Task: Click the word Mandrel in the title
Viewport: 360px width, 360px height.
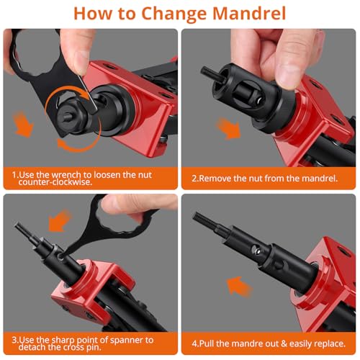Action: [x=249, y=14]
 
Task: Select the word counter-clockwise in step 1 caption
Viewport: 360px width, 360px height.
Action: [x=55, y=182]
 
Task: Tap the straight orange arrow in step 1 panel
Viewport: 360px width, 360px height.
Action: [x=23, y=125]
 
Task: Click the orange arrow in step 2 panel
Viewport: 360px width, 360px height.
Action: [x=228, y=128]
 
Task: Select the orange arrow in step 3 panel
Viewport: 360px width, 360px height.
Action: [x=59, y=221]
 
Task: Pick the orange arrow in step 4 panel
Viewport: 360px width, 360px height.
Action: [x=239, y=286]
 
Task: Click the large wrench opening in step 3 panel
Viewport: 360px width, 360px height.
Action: [x=120, y=219]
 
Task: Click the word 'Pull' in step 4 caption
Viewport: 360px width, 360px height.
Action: [x=207, y=343]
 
